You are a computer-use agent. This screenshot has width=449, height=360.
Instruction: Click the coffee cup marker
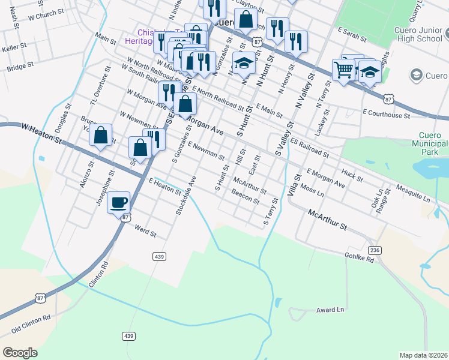119,202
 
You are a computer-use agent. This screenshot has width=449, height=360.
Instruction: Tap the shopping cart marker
343,70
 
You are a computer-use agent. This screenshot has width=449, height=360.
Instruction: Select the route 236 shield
375,250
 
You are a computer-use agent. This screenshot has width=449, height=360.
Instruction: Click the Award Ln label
330,310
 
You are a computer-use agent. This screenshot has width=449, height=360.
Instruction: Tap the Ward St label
145,230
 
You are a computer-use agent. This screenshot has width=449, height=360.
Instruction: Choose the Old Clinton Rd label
31,325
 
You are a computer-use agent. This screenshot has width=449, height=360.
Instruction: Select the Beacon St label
245,196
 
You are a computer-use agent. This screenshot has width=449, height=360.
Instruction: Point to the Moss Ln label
312,191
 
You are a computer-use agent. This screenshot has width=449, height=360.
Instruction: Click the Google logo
20,353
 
